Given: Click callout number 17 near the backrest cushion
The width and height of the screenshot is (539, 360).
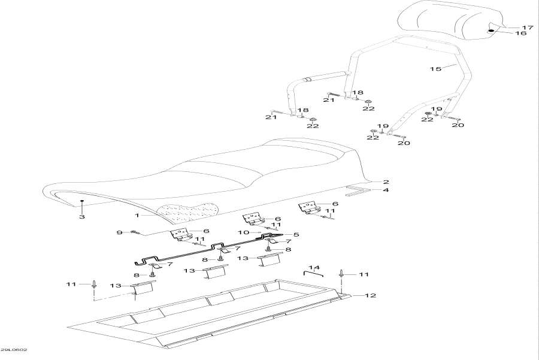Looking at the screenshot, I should [527, 28].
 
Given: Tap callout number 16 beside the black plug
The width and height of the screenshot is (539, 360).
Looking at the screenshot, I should [521, 34].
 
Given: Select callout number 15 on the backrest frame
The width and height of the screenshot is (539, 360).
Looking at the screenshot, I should [435, 69].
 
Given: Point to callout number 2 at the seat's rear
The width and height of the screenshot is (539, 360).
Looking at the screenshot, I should [386, 181].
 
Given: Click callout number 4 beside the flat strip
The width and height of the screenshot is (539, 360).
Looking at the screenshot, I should [386, 190].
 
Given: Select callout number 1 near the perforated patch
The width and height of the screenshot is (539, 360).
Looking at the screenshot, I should [137, 214].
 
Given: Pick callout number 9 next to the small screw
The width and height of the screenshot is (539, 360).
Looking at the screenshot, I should [119, 232].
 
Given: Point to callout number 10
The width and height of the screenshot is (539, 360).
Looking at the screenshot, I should [243, 232].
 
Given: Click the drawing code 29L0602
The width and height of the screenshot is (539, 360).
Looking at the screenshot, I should [13, 350].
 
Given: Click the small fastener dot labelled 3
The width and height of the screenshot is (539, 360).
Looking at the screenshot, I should [82, 202].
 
